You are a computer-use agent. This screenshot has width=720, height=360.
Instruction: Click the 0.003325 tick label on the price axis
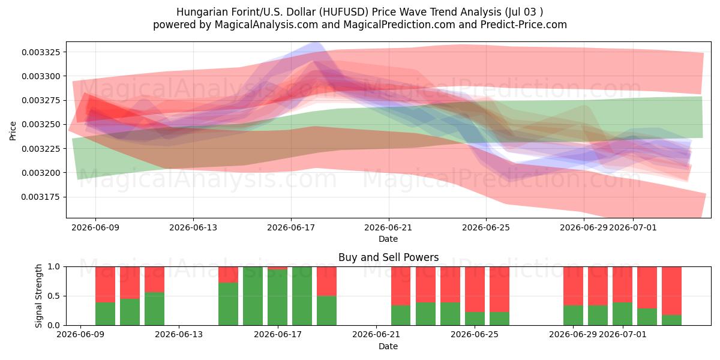pyautogui.click(x=41, y=52)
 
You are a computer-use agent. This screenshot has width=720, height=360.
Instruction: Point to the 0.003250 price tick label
pyautogui.click(x=41, y=124)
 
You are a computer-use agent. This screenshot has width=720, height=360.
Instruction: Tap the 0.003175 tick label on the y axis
pyautogui.click(x=41, y=197)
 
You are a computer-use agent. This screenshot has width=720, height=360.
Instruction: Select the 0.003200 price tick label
pyautogui.click(x=41, y=173)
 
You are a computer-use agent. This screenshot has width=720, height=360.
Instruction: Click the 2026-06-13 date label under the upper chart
pyautogui.click(x=193, y=227)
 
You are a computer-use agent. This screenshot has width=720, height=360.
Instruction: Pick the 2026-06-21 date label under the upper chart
pyautogui.click(x=388, y=227)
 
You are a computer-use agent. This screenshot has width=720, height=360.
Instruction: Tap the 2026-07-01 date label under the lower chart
pyautogui.click(x=623, y=334)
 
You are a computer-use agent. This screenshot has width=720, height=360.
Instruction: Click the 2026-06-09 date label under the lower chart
pyautogui.click(x=80, y=334)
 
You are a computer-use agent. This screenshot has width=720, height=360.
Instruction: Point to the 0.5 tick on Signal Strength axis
pyautogui.click(x=53, y=296)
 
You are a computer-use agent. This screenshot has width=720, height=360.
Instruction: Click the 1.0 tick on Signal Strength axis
pyautogui.click(x=53, y=266)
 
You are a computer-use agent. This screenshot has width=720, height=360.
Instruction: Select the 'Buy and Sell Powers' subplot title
pyautogui.click(x=388, y=257)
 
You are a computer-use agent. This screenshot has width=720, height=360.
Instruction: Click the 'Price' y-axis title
pyautogui.click(x=13, y=131)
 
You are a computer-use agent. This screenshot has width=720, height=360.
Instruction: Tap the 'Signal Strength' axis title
pyautogui.click(x=38, y=296)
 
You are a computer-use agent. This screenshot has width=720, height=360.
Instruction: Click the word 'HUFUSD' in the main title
pyautogui.click(x=344, y=12)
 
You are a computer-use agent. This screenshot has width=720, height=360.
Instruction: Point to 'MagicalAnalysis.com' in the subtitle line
pyautogui.click(x=266, y=25)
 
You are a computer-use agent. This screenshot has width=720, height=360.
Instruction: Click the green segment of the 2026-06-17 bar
pyautogui.click(x=277, y=298)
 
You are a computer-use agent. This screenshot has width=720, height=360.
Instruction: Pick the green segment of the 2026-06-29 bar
pyautogui.click(x=573, y=316)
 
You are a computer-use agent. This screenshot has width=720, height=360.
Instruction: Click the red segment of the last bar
pyautogui.click(x=671, y=291)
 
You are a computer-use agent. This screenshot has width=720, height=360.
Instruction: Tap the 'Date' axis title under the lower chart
pyautogui.click(x=388, y=346)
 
